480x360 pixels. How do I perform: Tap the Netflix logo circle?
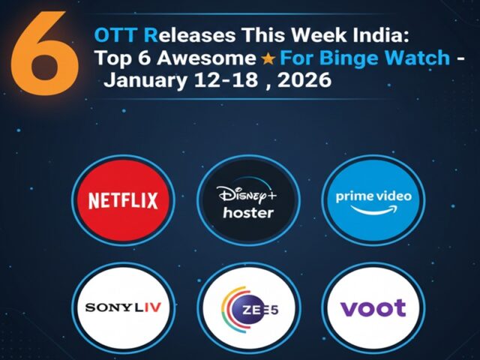[x=124, y=200]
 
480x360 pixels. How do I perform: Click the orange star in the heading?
[x=268, y=58]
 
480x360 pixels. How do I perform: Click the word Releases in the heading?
[x=189, y=35]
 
